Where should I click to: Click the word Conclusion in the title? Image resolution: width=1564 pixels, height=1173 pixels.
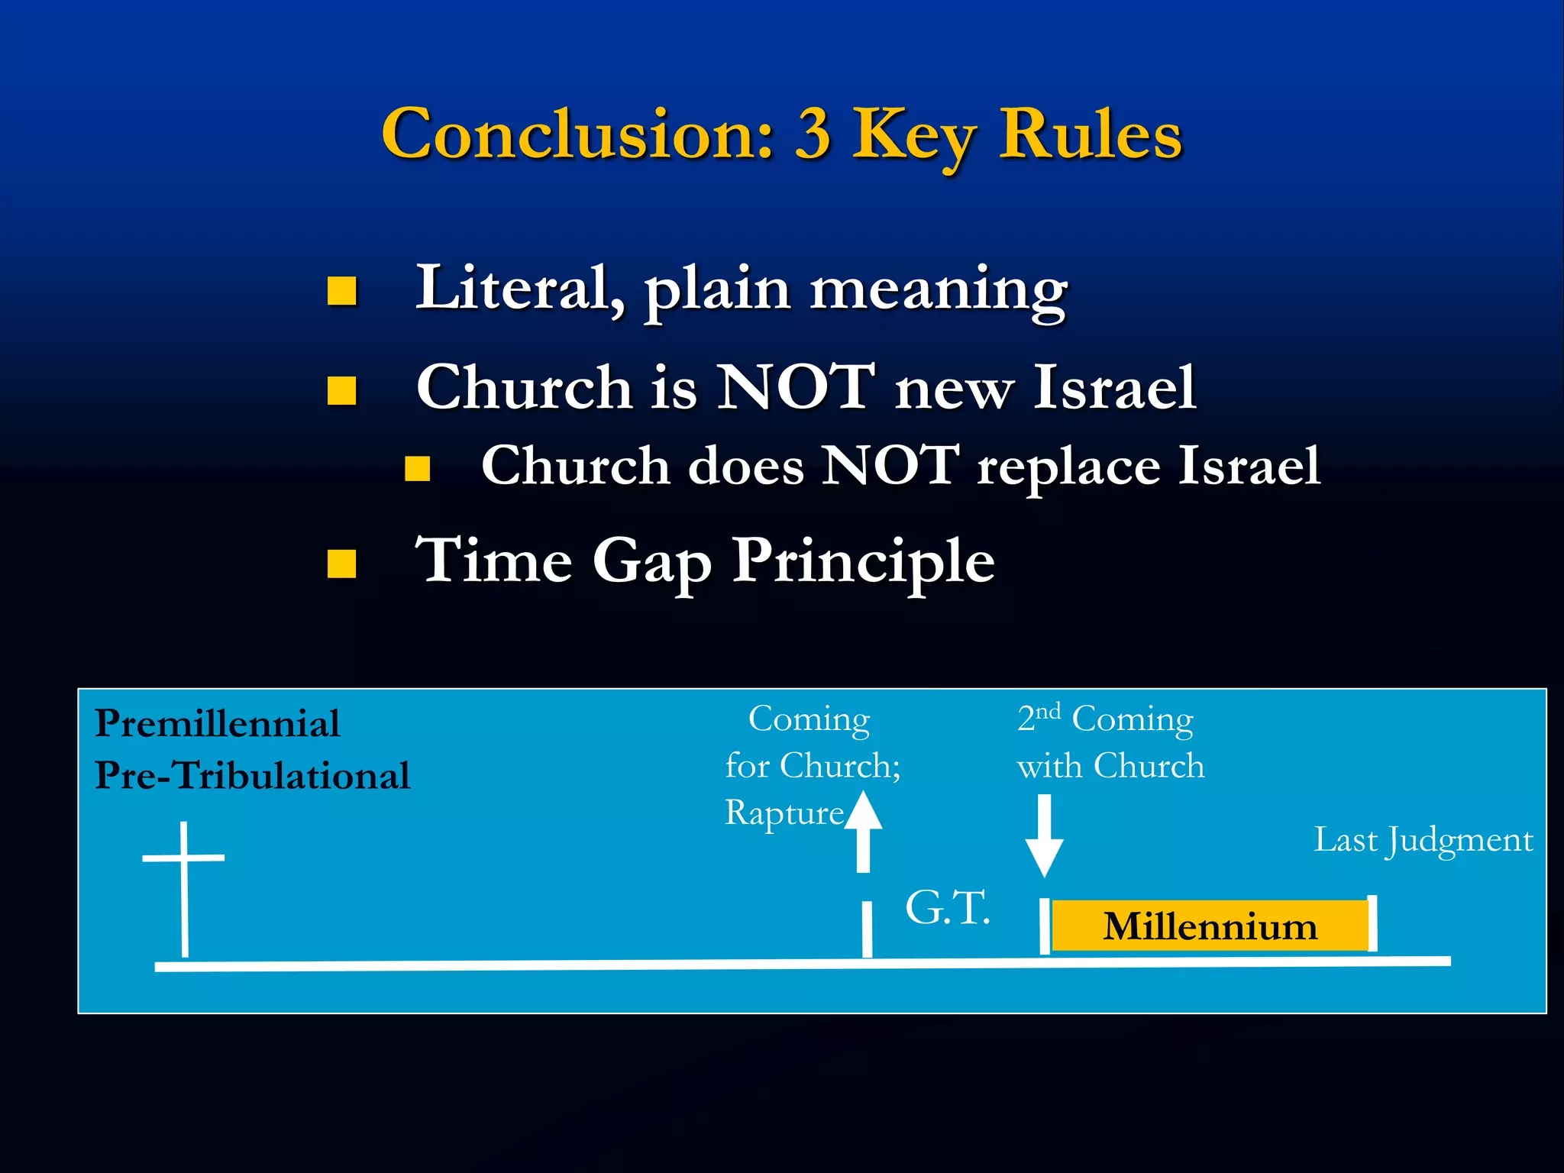(577, 134)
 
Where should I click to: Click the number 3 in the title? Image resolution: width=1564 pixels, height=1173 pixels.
(813, 134)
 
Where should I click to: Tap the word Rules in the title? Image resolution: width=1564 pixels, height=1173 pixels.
(1091, 134)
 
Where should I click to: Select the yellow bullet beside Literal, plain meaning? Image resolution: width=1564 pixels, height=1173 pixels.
(342, 291)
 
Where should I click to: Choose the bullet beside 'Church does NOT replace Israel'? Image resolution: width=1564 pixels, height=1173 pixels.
(418, 468)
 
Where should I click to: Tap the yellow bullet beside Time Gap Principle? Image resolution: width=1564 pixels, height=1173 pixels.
(342, 564)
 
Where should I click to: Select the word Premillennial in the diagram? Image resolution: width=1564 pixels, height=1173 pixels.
(217, 723)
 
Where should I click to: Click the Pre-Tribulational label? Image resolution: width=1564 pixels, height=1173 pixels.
(252, 775)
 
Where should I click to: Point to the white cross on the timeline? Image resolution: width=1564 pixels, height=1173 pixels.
(184, 886)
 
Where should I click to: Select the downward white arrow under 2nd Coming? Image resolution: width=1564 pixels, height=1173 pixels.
(1044, 836)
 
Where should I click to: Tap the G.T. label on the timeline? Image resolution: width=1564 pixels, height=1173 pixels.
(947, 908)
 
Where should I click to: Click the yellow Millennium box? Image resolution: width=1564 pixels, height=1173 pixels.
(1210, 926)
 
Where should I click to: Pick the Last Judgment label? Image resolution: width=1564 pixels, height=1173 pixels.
(1423, 840)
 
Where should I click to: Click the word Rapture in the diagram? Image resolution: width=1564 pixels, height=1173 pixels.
(784, 813)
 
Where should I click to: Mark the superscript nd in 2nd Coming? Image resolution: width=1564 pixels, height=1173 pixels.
(1049, 712)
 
